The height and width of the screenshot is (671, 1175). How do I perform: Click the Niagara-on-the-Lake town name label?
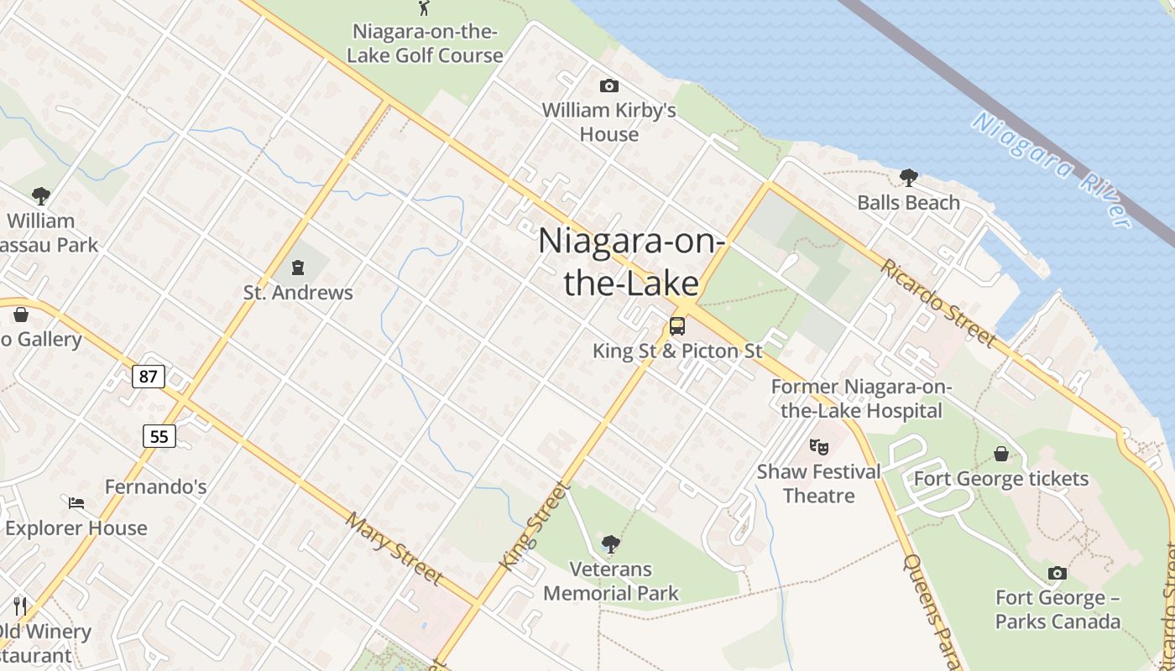pyautogui.click(x=631, y=262)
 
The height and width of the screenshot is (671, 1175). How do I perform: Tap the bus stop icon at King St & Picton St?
pyautogui.click(x=677, y=326)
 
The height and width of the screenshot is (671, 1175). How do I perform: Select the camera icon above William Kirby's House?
pyautogui.click(x=609, y=86)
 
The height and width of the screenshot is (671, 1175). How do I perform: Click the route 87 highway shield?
pyautogui.click(x=148, y=377)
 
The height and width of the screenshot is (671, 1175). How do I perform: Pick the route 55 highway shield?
pyautogui.click(x=159, y=435)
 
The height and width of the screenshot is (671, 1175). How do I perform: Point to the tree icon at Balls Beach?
pyautogui.click(x=908, y=177)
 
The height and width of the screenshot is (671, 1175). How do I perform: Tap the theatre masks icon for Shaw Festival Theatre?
pyautogui.click(x=818, y=446)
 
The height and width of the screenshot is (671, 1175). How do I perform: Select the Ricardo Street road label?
pyautogui.click(x=939, y=302)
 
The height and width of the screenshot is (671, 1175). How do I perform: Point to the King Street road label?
pyautogui.click(x=534, y=526)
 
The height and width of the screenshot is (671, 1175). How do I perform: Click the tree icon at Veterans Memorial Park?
pyautogui.click(x=611, y=544)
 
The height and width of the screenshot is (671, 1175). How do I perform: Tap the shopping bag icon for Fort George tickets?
pyautogui.click(x=1001, y=454)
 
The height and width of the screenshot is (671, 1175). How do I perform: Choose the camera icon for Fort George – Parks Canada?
pyautogui.click(x=1057, y=573)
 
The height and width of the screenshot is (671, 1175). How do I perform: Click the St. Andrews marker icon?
pyautogui.click(x=297, y=268)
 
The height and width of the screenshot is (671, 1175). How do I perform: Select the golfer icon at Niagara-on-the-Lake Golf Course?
pyautogui.click(x=424, y=8)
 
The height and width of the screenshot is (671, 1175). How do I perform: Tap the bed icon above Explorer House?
pyautogui.click(x=76, y=503)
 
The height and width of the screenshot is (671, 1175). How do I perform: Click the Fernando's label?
pyautogui.click(x=155, y=486)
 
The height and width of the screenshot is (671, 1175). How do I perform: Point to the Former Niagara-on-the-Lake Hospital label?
pyautogui.click(x=861, y=398)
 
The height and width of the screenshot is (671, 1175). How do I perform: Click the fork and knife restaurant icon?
pyautogui.click(x=20, y=606)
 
